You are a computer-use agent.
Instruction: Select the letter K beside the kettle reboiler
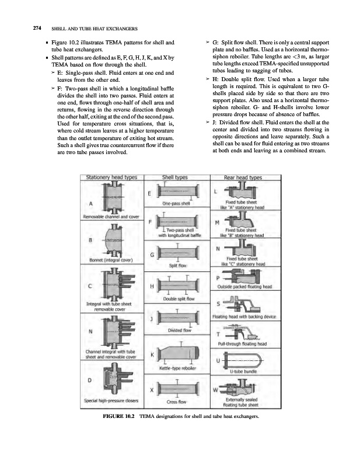pos(152,354)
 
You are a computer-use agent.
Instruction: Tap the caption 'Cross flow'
pos(177,402)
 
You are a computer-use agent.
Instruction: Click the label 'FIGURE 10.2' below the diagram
pos(118,416)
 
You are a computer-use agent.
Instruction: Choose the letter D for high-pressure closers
pos(89,381)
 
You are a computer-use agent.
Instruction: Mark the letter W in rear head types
pos(216,389)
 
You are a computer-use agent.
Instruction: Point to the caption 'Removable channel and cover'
pos(112,217)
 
